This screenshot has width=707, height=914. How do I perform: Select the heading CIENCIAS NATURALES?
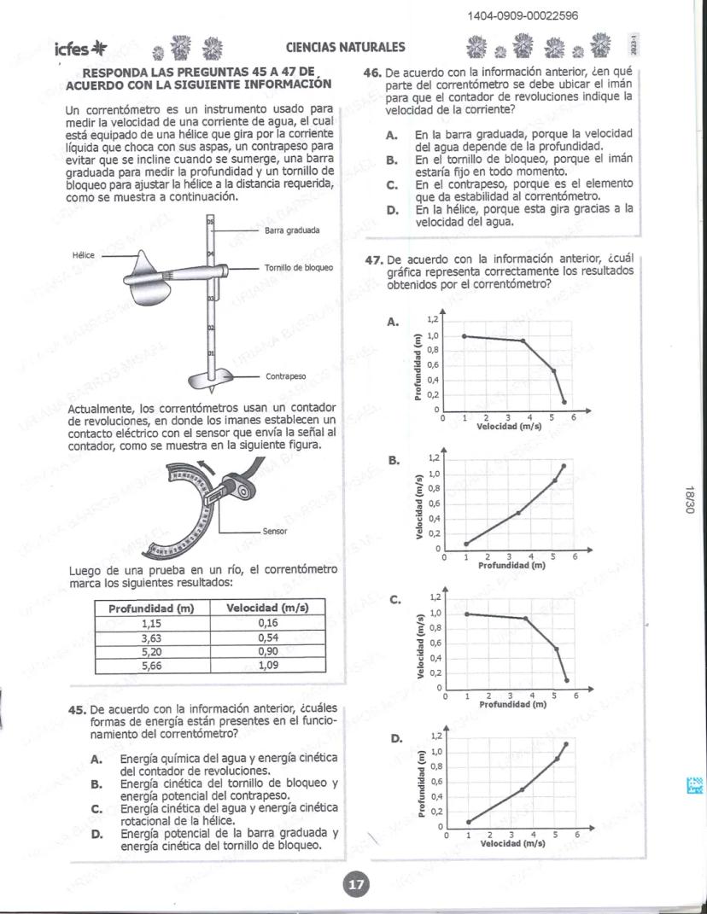click(346, 48)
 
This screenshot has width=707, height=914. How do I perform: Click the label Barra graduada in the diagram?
click(292, 230)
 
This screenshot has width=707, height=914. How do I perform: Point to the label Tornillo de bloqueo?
click(299, 267)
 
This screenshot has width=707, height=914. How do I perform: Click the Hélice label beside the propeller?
click(85, 254)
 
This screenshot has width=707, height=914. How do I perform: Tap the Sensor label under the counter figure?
click(274, 531)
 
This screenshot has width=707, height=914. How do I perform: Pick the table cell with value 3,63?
click(149, 637)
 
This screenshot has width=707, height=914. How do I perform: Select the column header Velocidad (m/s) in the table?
click(267, 608)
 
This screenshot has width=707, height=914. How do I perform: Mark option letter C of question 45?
click(97, 808)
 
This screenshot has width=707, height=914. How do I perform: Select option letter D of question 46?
click(391, 210)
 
